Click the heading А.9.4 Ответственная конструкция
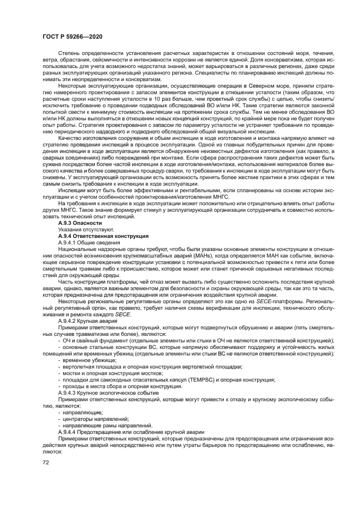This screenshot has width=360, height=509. click(x=103, y=237)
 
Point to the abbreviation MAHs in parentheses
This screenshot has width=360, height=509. click(x=221, y=255)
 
